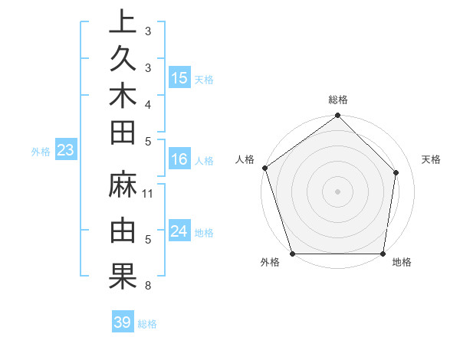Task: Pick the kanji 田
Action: click(x=123, y=133)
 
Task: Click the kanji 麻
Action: click(x=123, y=186)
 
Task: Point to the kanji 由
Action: click(x=123, y=230)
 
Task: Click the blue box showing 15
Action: click(x=179, y=77)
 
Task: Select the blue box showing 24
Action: click(x=179, y=231)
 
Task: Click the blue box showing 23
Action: click(x=65, y=150)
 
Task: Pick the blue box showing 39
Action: click(x=122, y=322)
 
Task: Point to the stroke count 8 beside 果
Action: click(x=147, y=286)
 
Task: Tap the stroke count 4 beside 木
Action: click(x=147, y=103)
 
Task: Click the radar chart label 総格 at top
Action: click(x=338, y=100)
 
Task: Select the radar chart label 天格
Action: click(x=432, y=159)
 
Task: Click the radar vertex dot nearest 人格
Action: click(x=265, y=168)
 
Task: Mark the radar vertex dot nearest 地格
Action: click(x=383, y=254)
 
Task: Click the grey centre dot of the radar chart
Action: click(x=337, y=191)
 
